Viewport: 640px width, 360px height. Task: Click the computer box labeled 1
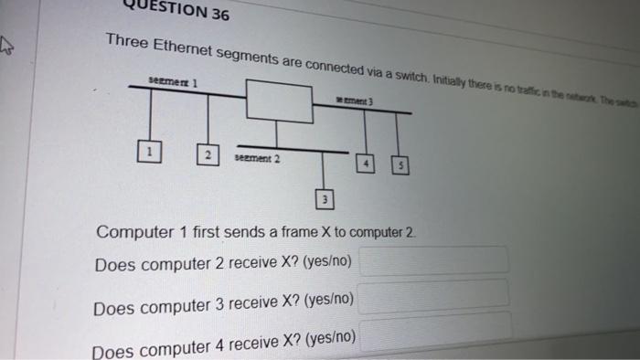(144, 150)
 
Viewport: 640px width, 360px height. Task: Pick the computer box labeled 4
(367, 164)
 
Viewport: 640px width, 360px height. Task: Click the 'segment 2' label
(258, 158)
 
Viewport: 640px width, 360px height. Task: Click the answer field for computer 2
(434, 260)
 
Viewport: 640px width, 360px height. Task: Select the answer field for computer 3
(434, 294)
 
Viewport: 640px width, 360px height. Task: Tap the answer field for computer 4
(434, 327)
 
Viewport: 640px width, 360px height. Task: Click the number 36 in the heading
(219, 14)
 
